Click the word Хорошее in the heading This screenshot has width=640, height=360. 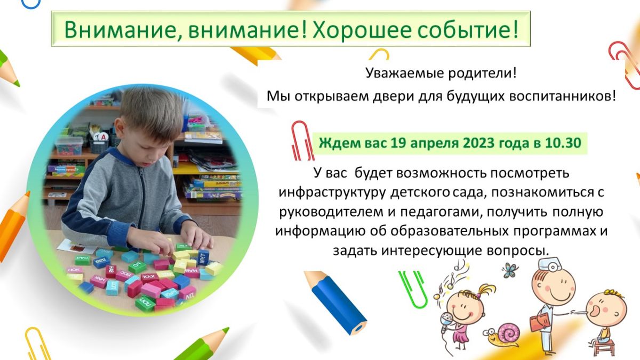tap(361, 29)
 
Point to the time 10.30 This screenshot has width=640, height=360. tap(563, 143)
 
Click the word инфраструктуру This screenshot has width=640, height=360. tap(332, 193)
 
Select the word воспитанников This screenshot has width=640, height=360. tap(562, 97)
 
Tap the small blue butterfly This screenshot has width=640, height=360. tap(510, 270)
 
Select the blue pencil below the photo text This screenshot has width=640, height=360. tap(335, 302)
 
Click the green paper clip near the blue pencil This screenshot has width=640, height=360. tap(413, 289)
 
